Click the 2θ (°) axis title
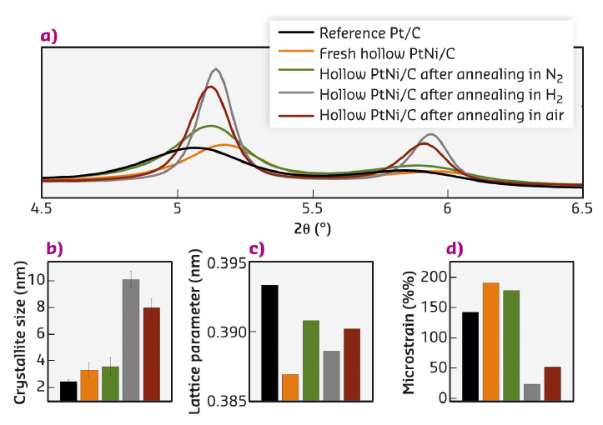312,227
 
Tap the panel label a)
49,35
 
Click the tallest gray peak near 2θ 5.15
217,70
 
